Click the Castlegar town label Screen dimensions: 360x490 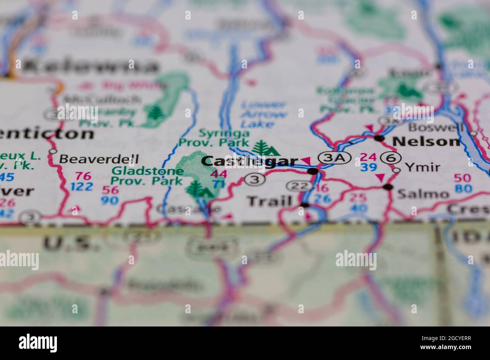(249, 161)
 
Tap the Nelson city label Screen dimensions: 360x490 (426, 141)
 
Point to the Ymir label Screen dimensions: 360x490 (422, 167)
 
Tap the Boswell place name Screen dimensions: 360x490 (436, 127)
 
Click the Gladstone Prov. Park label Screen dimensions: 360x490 (147, 176)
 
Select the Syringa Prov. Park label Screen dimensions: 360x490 (214, 138)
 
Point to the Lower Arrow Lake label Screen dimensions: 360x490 (263, 114)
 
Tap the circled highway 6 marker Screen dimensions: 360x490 (391, 158)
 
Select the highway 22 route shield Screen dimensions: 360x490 (300, 185)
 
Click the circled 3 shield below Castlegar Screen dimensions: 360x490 (255, 180)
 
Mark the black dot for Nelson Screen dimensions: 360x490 (379, 139)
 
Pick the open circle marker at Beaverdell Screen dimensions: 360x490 (53, 152)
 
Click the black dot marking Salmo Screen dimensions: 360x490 (388, 187)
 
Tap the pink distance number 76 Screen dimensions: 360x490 (84, 176)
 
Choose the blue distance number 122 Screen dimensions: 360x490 (81, 186)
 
